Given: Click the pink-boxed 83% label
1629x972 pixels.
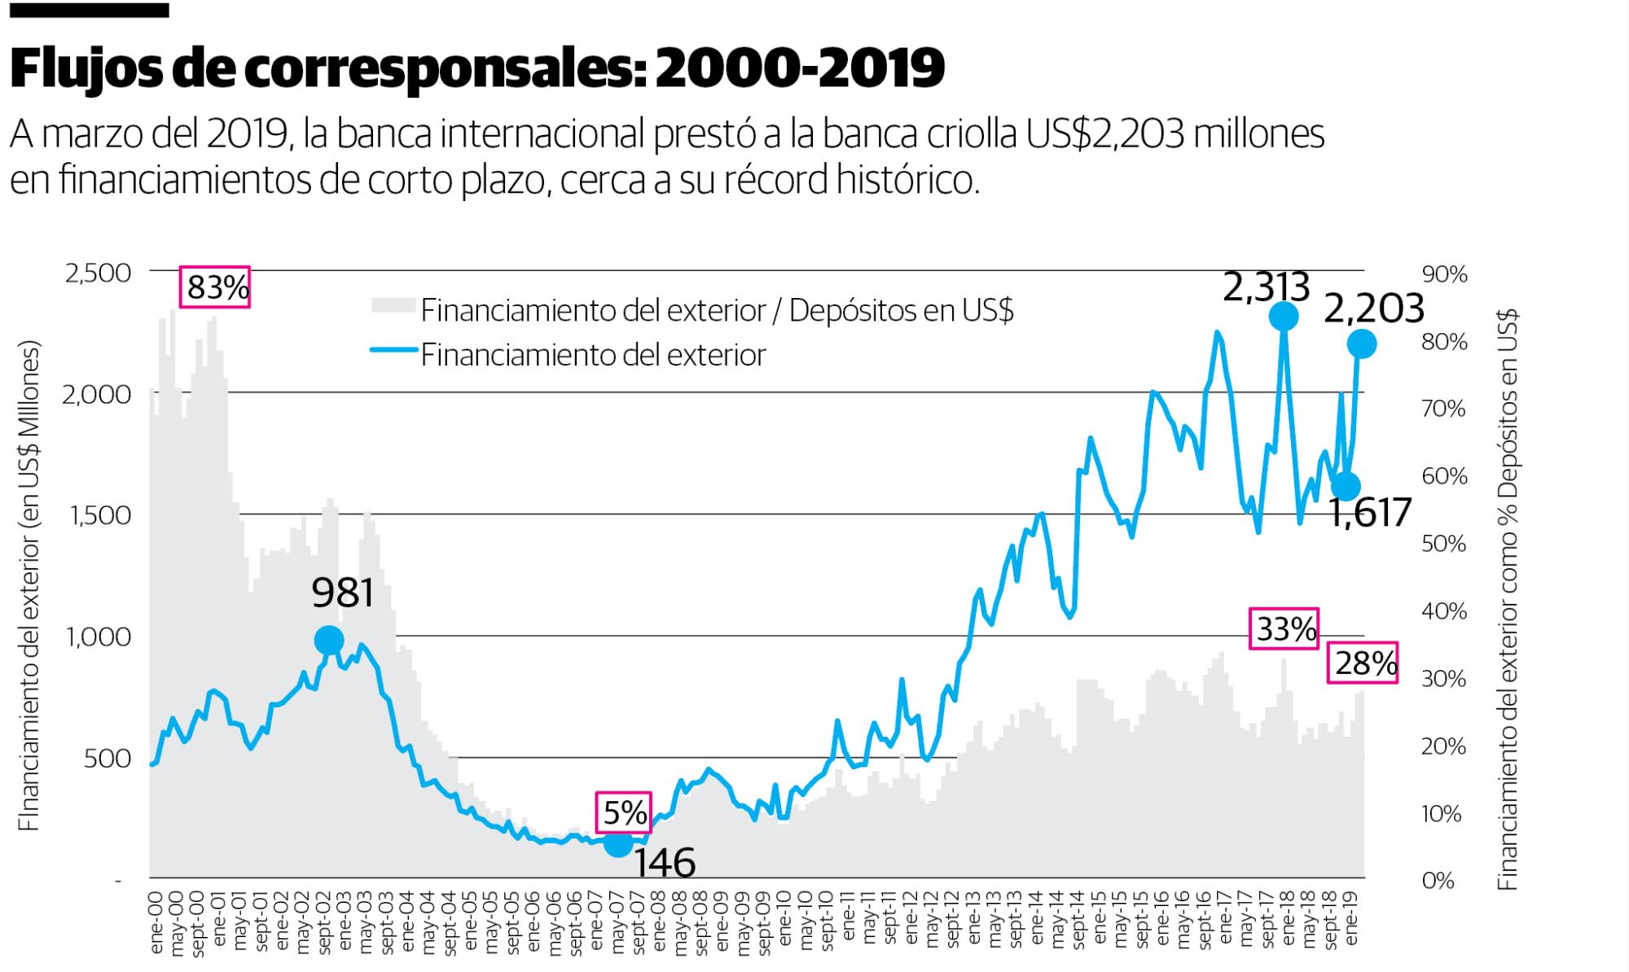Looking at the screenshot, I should (x=215, y=287).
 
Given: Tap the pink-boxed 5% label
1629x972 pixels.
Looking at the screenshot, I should (x=624, y=812).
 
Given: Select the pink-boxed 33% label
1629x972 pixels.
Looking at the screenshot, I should (x=1284, y=628).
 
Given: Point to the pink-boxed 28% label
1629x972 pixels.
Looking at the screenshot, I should (x=1363, y=663).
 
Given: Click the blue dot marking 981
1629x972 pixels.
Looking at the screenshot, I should (x=328, y=641).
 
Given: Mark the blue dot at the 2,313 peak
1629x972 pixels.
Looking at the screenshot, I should (x=1283, y=316).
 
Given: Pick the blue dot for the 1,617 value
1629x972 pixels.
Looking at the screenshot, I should (x=1346, y=487).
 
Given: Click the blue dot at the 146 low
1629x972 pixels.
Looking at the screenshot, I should (x=618, y=844).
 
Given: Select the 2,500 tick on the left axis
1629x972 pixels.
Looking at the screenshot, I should (x=97, y=273).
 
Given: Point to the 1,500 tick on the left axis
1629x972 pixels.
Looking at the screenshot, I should (x=97, y=515).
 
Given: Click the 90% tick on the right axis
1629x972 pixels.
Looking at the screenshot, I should (x=1444, y=274).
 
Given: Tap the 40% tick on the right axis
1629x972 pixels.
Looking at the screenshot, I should (x=1444, y=611).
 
